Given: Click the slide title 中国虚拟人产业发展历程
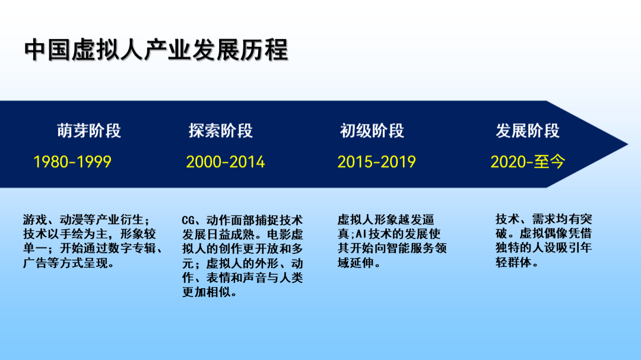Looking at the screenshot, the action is tap(156, 50).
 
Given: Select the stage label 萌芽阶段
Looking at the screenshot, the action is tap(89, 130).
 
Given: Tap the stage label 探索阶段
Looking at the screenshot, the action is tap(221, 130).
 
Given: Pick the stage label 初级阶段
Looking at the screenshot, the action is tap(372, 130).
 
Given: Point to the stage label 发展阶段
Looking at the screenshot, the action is tap(528, 130).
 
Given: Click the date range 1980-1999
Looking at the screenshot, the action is tap(72, 162).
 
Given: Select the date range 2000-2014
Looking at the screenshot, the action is tap(226, 162).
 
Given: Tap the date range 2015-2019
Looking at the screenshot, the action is tap(376, 162).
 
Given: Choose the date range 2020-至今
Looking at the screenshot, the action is tap(528, 162).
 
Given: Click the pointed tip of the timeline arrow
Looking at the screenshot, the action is tap(627, 144).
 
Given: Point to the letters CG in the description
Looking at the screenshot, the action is tap(188, 221).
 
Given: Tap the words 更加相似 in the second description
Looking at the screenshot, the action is tap(206, 292).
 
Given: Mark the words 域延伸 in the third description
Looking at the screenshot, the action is tap(356, 263).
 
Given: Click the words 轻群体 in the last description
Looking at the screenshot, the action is tap(513, 262).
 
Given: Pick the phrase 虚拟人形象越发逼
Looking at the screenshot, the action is tap(386, 220).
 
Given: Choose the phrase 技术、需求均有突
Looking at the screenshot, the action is tap(544, 219).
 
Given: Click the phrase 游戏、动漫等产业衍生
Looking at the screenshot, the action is tap(83, 220).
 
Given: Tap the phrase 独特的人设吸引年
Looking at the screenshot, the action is tap(544, 248).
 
